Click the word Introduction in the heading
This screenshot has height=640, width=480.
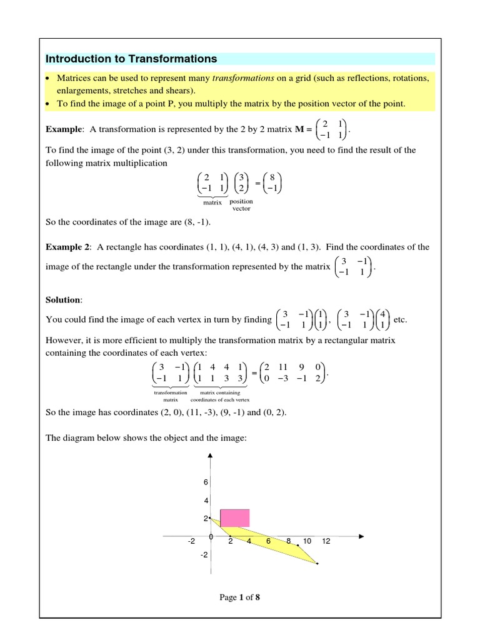point(76,59)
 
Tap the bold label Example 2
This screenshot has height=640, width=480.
point(68,247)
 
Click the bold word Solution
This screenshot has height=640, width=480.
point(63,300)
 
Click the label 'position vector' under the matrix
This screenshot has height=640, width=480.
point(241,205)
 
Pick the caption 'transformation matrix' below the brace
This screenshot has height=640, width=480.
point(171,396)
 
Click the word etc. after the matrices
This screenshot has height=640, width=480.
point(401,319)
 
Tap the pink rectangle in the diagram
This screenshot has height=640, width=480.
point(235,517)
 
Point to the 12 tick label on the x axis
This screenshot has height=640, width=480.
point(326,541)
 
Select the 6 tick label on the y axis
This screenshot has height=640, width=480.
point(204,482)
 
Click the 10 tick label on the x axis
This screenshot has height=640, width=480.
point(307,541)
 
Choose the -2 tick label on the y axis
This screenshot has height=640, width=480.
point(203,555)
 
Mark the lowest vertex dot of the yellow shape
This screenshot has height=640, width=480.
point(317,564)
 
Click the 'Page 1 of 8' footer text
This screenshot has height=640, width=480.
point(239,597)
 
